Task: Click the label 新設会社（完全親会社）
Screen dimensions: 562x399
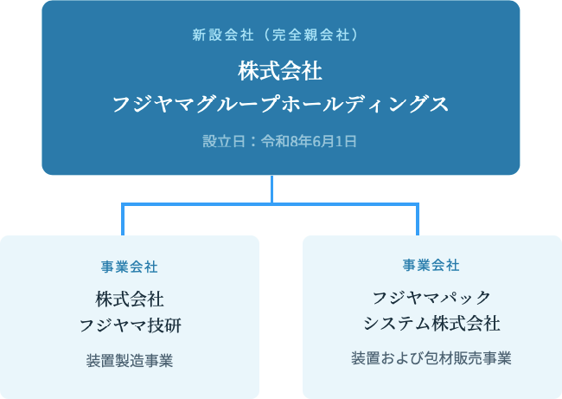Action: (275, 35)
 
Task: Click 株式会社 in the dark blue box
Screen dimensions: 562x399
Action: (280, 71)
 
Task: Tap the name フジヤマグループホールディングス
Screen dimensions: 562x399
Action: (281, 105)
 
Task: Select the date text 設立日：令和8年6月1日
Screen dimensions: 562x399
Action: (280, 141)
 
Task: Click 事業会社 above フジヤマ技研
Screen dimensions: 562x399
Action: (130, 267)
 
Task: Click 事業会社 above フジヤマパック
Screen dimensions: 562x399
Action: (431, 265)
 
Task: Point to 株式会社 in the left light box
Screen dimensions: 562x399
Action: (130, 299)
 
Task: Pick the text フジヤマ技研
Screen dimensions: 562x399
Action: (130, 325)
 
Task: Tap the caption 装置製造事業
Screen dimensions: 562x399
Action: (130, 361)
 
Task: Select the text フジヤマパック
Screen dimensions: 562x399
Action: (431, 298)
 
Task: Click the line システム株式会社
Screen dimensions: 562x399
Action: (431, 324)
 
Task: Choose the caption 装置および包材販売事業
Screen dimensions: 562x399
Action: (431, 358)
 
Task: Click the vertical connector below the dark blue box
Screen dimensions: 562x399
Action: (272, 190)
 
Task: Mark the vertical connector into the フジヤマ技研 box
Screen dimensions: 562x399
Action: (123, 220)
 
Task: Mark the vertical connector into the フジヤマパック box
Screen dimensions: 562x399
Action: (418, 220)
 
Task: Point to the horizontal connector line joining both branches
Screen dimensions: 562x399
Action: (271, 204)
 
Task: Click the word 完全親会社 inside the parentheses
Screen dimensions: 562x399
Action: (310, 35)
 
